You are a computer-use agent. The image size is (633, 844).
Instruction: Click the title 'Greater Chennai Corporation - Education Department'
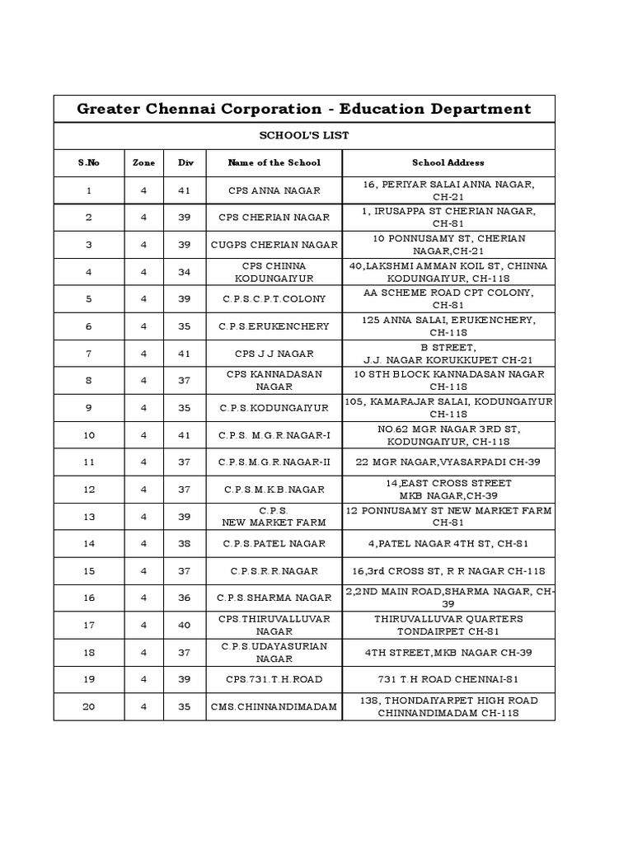(304, 109)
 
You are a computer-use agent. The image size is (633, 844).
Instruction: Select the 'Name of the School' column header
(274, 162)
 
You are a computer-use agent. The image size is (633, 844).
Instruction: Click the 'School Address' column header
(448, 162)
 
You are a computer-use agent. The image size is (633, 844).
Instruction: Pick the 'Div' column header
(185, 162)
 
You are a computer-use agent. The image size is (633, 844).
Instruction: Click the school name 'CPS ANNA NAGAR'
(274, 190)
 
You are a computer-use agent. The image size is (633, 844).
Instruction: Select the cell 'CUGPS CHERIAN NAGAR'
(274, 245)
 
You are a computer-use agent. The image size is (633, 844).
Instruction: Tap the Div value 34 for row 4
(185, 272)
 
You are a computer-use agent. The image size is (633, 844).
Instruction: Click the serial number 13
(89, 517)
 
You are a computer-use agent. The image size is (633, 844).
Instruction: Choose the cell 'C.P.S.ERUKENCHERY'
(274, 326)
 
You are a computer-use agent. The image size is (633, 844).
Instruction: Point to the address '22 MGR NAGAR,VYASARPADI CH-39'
(448, 462)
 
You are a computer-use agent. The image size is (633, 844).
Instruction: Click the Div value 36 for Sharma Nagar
(185, 598)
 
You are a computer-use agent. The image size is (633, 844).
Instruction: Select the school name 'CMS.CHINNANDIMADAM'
(274, 706)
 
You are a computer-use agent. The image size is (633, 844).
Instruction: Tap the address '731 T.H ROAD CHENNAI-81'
(448, 679)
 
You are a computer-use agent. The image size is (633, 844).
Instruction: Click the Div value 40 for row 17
(185, 626)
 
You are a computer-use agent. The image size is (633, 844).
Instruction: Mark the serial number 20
(89, 706)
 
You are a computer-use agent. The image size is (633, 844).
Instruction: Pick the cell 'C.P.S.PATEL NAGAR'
(274, 544)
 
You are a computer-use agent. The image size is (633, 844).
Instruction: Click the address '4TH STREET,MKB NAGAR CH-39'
(448, 652)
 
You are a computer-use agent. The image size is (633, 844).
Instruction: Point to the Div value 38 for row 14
(185, 544)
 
